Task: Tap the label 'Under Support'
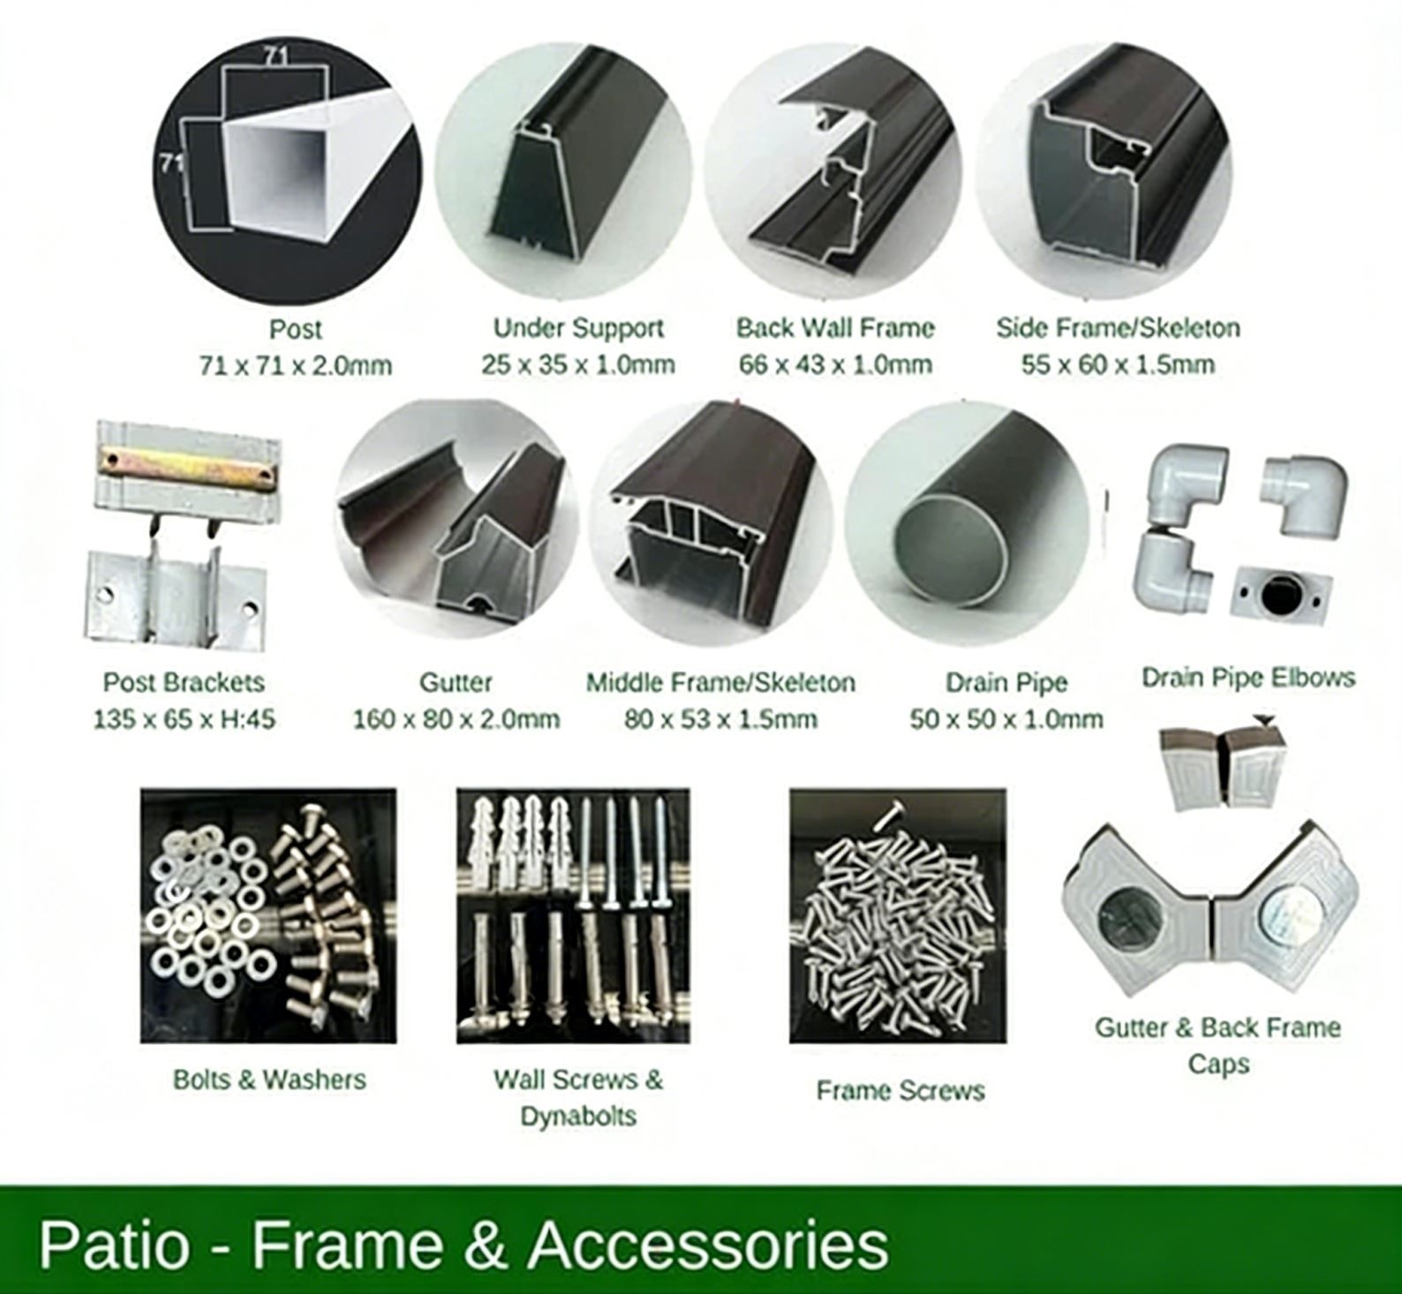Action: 578,328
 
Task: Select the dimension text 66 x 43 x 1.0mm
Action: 835,365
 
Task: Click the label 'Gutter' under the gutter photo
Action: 456,682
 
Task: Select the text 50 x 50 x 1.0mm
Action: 1006,719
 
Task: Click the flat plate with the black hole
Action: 1281,595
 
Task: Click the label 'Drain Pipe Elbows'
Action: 1247,678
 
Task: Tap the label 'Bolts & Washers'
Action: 269,1080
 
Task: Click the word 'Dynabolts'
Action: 578,1117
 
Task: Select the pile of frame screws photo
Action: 897,918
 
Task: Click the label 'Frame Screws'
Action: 900,1091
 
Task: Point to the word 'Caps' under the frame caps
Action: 1218,1065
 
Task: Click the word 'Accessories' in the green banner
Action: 708,1245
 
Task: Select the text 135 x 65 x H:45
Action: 184,719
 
